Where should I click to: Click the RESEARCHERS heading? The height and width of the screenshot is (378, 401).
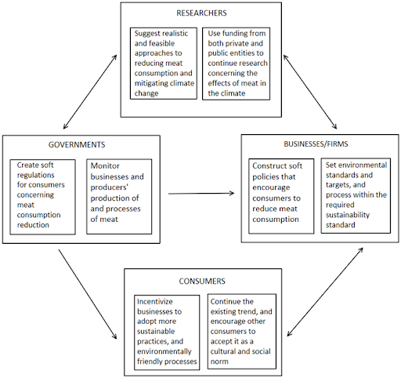click(x=201, y=13)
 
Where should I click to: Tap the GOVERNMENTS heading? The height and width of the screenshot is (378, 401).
click(x=77, y=145)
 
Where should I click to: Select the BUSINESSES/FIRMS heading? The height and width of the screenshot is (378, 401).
click(x=316, y=144)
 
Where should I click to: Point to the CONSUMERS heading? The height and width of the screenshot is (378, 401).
click(x=202, y=282)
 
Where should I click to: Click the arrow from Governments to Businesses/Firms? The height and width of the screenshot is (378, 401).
click(x=201, y=194)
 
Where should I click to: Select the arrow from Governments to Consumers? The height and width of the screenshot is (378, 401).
click(x=88, y=294)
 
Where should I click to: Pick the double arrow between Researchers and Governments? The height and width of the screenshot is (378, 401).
click(x=90, y=92)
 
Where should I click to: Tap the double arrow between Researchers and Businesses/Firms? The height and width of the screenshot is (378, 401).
click(x=310, y=92)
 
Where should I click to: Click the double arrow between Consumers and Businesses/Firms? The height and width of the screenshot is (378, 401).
click(x=325, y=292)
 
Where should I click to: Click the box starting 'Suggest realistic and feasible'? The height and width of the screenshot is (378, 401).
click(x=164, y=64)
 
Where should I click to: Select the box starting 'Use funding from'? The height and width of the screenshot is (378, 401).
click(x=237, y=64)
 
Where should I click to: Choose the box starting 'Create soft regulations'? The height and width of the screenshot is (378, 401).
click(x=43, y=197)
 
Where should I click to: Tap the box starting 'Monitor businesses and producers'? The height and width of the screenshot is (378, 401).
click(x=119, y=197)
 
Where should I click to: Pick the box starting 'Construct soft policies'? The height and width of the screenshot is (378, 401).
click(x=281, y=196)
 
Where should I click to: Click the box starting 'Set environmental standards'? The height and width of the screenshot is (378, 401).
click(x=356, y=195)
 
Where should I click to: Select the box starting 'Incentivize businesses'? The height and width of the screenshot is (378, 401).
click(x=167, y=333)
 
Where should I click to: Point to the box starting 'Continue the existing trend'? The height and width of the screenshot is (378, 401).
click(x=242, y=332)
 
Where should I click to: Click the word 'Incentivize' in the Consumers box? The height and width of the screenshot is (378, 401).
click(x=155, y=302)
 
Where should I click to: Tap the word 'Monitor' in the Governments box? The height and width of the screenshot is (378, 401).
click(x=105, y=165)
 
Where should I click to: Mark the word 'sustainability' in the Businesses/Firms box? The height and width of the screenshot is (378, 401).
click(x=348, y=215)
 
